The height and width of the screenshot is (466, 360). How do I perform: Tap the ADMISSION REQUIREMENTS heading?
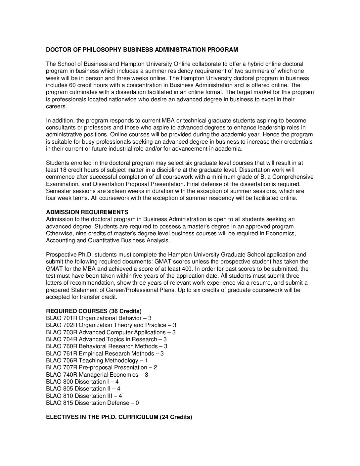pyautogui.click(x=87, y=212)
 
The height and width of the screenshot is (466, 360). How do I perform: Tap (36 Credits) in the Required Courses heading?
pyautogui.click(x=126, y=311)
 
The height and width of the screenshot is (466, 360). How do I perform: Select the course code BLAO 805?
pyautogui.click(x=60, y=389)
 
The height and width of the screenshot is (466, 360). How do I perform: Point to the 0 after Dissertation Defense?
pyautogui.click(x=137, y=403)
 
